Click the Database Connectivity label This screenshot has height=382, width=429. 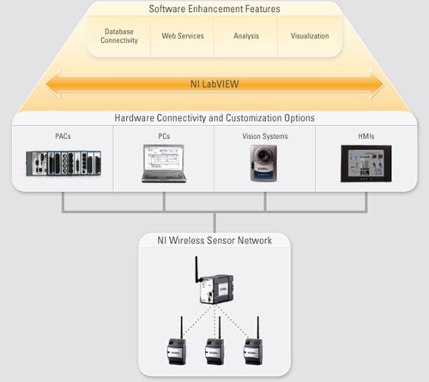(x=119, y=36)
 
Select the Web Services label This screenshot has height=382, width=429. (x=183, y=36)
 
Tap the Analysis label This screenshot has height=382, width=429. (x=246, y=36)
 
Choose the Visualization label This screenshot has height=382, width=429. (x=310, y=36)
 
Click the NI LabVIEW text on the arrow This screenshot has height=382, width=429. (x=214, y=84)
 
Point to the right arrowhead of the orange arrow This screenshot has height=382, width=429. (x=377, y=84)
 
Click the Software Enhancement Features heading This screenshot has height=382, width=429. (x=214, y=9)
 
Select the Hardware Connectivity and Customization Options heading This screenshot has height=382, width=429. (x=214, y=118)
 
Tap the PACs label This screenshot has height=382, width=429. (x=63, y=136)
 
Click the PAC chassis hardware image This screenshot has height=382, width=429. (x=63, y=163)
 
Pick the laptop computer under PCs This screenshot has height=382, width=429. (x=164, y=164)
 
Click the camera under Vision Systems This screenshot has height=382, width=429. (x=263, y=163)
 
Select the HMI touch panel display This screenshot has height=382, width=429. (x=366, y=164)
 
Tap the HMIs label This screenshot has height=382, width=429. (x=366, y=136)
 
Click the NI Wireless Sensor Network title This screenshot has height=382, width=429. (x=214, y=241)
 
